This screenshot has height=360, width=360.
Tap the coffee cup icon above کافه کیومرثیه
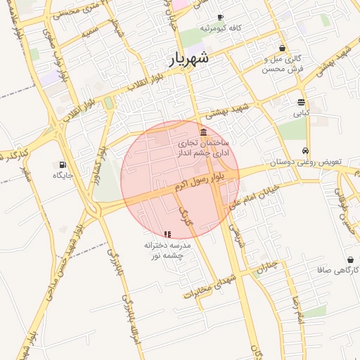[221, 17]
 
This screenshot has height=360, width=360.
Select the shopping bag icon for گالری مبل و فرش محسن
[283, 49]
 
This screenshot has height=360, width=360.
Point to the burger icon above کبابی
[301, 102]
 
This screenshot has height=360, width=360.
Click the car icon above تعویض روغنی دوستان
[305, 151]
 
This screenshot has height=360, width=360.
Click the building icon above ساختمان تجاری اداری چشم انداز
[203, 132]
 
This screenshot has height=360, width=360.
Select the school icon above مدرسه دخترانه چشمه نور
[167, 234]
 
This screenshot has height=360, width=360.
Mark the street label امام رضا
[299, 310]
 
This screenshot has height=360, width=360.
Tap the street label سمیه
[90, 31]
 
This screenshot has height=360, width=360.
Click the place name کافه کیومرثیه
[221, 27]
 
